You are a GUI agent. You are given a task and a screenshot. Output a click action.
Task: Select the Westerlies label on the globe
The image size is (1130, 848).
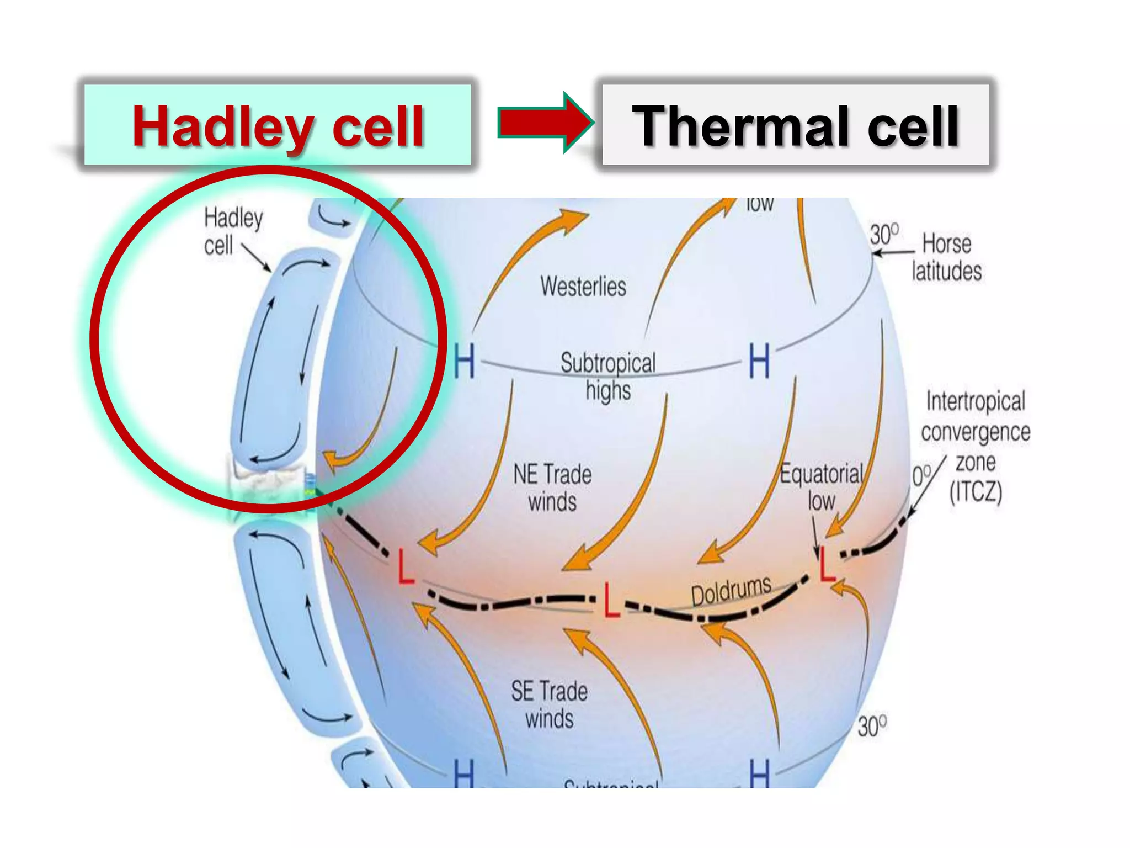click(x=583, y=287)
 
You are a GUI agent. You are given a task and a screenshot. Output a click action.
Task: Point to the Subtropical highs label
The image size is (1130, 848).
click(x=608, y=377)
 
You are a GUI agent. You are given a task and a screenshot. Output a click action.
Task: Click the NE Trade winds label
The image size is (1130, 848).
click(x=552, y=488)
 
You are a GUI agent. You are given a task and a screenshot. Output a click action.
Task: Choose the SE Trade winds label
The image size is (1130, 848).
click(x=549, y=705)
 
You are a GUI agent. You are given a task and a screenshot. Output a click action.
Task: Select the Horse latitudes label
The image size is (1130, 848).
click(x=947, y=257)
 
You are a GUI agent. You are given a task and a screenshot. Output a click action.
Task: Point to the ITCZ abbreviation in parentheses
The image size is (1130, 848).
click(x=976, y=491)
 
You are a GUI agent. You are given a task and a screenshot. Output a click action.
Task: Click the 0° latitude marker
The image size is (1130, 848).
click(x=921, y=475)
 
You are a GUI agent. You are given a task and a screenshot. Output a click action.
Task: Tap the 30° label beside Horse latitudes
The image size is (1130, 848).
click(x=884, y=235)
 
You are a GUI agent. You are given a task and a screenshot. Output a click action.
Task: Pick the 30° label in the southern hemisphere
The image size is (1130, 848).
click(x=872, y=725)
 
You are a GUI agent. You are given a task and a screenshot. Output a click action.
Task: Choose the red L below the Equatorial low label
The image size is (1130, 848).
click(x=827, y=565)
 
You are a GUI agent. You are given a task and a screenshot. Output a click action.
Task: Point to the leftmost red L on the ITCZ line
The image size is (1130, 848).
click(x=406, y=567)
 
